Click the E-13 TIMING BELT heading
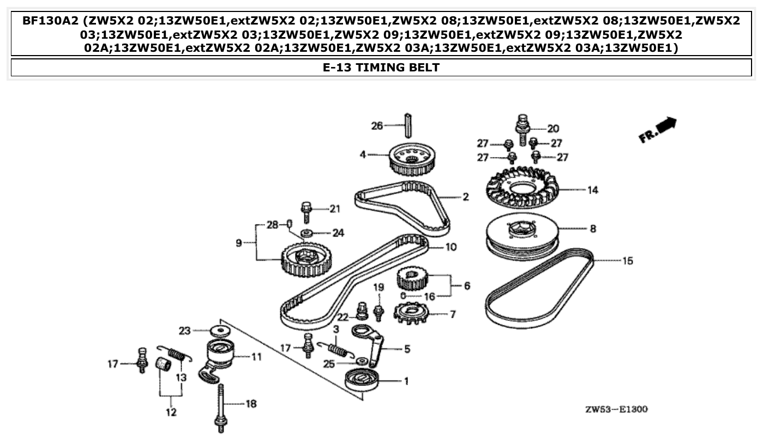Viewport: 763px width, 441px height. (x=381, y=68)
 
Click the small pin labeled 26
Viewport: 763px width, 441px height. (x=407, y=126)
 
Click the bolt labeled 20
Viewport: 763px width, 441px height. (x=522, y=129)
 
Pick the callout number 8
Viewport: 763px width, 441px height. (x=593, y=229)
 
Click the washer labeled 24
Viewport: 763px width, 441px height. (x=307, y=233)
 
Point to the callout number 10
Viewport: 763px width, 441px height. (x=450, y=247)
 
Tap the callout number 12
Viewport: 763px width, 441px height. (x=171, y=413)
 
